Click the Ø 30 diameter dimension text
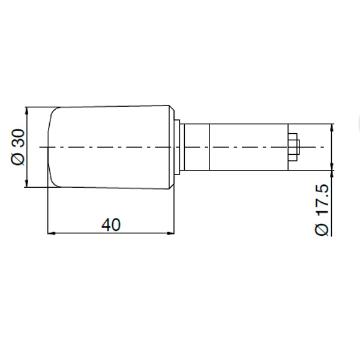coord(19,147)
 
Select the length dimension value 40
coord(111,224)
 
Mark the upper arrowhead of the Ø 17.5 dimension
coord(332,128)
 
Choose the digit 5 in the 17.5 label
coord(322,190)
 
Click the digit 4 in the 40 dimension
coord(106,224)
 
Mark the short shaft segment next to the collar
coord(196,147)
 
